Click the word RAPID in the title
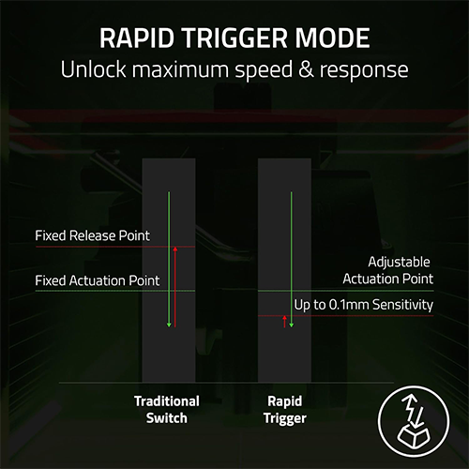[137, 38]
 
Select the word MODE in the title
[332, 38]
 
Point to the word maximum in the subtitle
[181, 69]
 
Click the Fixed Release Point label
[92, 235]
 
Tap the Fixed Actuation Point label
[98, 280]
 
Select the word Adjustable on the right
[399, 263]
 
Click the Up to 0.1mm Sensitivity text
[364, 305]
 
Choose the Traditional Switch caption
[167, 410]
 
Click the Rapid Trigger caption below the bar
[285, 410]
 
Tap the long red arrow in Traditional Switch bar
[175, 287]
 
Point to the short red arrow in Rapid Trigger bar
[284, 322]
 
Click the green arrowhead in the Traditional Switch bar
[169, 325]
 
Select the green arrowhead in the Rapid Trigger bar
[292, 325]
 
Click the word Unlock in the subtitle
[93, 69]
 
